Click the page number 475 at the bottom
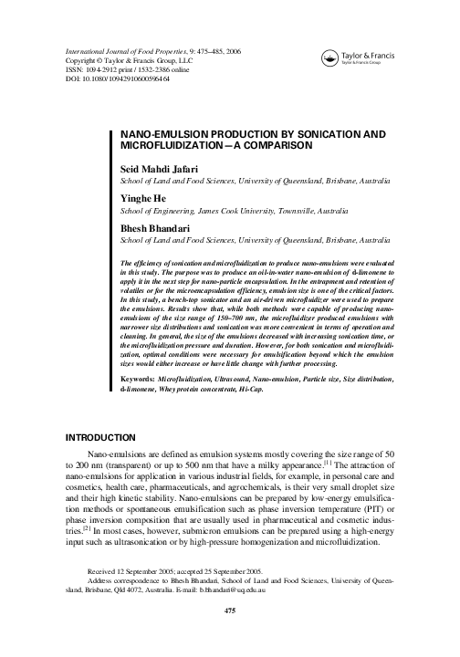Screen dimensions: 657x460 (229, 637)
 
